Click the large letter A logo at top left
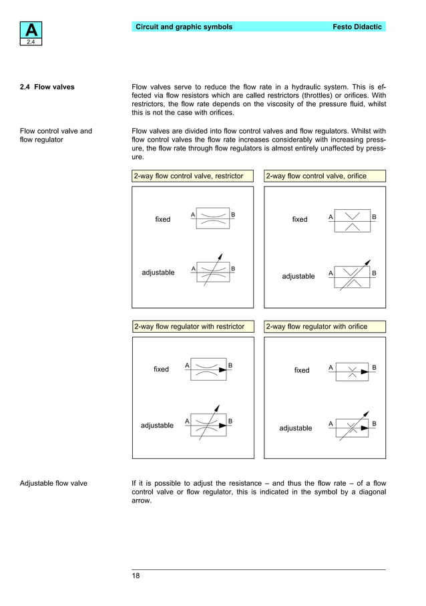[x=31, y=30]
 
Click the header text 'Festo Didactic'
[x=357, y=27]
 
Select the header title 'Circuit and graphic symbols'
[x=184, y=27]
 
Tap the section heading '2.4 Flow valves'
[x=47, y=87]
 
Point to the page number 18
[x=136, y=576]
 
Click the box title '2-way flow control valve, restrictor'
[x=193, y=176]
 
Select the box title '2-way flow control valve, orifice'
[x=316, y=176]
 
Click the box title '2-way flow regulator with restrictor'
[x=189, y=327]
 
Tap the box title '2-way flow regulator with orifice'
[x=316, y=327]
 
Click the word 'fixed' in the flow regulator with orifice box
[x=302, y=370]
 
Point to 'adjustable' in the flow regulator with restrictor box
[x=157, y=426]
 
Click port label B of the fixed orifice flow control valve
[x=374, y=217]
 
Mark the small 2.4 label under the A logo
[x=31, y=42]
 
